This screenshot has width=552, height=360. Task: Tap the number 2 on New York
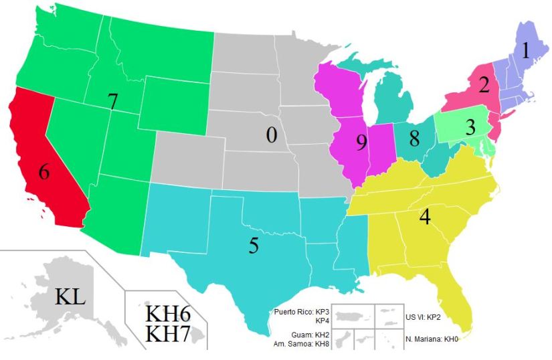(x=484, y=85)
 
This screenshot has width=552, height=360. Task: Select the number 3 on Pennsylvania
(x=471, y=126)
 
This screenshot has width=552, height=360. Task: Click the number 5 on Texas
(x=254, y=246)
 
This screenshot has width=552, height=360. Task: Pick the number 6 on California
(x=44, y=171)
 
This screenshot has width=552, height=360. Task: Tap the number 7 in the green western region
(x=113, y=101)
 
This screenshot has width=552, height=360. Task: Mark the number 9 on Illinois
(x=362, y=143)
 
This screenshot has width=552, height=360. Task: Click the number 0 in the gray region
(x=271, y=134)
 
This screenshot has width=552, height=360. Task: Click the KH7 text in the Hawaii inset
(x=168, y=334)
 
